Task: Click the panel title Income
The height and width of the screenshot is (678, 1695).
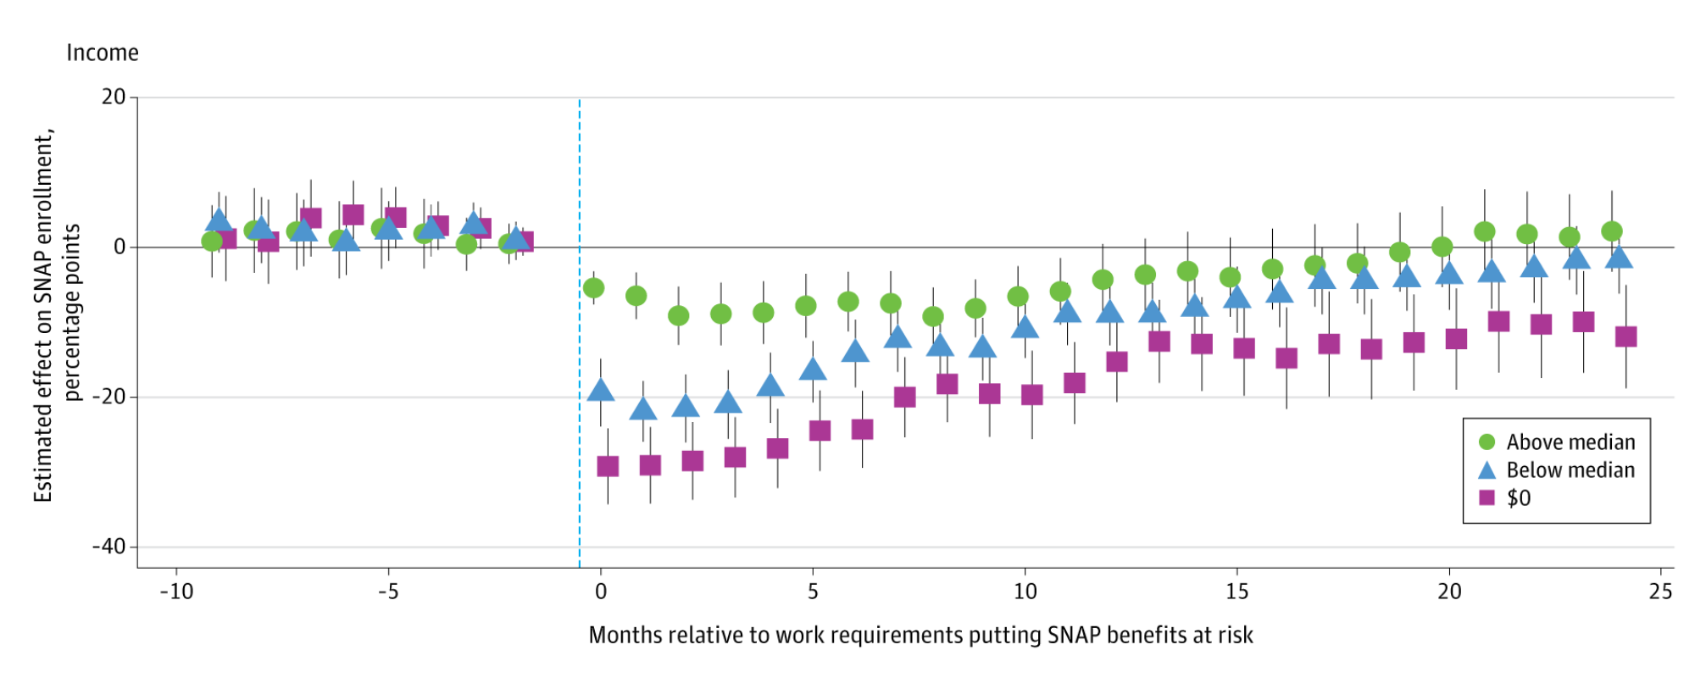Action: [103, 53]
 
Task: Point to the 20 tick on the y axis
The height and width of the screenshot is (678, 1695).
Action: [113, 97]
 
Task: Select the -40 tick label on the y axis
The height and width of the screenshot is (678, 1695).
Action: [108, 547]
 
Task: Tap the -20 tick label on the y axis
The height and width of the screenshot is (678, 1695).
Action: [108, 397]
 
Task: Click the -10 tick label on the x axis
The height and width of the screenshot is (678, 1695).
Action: [176, 592]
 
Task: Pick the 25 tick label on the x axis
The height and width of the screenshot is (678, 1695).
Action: [1661, 592]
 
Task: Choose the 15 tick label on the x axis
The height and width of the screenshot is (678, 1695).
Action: [1237, 592]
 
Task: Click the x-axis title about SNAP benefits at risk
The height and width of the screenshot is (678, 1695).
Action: [920, 635]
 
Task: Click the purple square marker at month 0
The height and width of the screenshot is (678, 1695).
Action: [608, 466]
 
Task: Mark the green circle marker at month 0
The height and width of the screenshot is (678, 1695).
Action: [594, 288]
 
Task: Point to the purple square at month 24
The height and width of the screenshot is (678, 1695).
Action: [1626, 336]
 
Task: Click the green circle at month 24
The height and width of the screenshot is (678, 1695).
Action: [1612, 231]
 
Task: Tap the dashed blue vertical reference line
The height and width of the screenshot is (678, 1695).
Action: [580, 339]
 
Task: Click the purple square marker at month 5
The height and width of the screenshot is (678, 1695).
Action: [820, 431]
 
